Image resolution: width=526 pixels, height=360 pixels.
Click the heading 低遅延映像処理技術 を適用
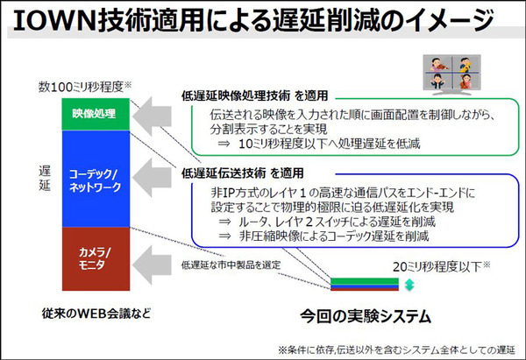click(x=255, y=93)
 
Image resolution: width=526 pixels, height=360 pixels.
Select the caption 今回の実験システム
click(x=359, y=313)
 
